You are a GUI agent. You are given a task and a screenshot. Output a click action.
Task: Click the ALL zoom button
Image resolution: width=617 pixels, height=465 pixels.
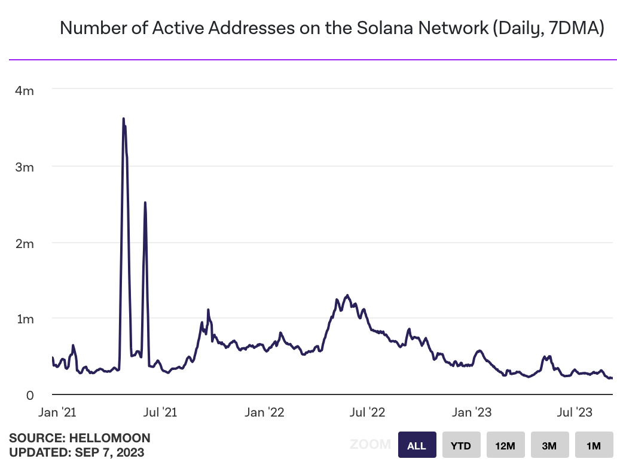click(x=417, y=445)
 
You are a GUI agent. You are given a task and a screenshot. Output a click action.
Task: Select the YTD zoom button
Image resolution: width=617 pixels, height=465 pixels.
click(x=460, y=445)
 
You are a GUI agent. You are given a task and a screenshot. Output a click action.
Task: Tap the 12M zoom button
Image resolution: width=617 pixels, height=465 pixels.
click(x=505, y=445)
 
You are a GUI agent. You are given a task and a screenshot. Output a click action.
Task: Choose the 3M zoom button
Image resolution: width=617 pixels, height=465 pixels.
click(x=549, y=445)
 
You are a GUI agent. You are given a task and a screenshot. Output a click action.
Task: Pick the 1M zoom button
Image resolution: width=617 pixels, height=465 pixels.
click(x=593, y=445)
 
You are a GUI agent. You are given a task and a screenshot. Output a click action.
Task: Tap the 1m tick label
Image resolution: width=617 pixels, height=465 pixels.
click(x=25, y=319)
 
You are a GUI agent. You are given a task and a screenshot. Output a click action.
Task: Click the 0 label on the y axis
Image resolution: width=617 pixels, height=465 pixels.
click(x=28, y=395)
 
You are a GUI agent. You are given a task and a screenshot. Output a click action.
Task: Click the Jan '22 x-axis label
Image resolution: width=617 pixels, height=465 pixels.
click(x=264, y=412)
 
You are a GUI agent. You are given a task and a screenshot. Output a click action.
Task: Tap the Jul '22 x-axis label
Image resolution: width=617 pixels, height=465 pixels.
click(x=366, y=412)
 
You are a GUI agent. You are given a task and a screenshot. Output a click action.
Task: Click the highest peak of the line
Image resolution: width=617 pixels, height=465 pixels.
click(x=123, y=119)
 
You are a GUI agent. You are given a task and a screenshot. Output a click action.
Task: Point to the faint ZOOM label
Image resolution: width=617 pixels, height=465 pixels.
click(x=371, y=445)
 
